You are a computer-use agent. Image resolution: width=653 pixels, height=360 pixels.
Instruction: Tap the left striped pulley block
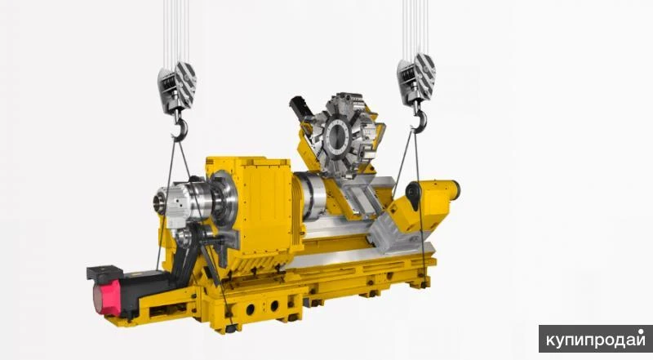click(176, 87)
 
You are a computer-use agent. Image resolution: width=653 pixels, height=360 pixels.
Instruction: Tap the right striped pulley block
click(416, 79)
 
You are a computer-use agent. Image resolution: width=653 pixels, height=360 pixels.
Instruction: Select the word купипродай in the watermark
click(595, 340)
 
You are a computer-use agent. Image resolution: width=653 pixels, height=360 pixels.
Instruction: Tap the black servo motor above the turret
click(301, 107)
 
